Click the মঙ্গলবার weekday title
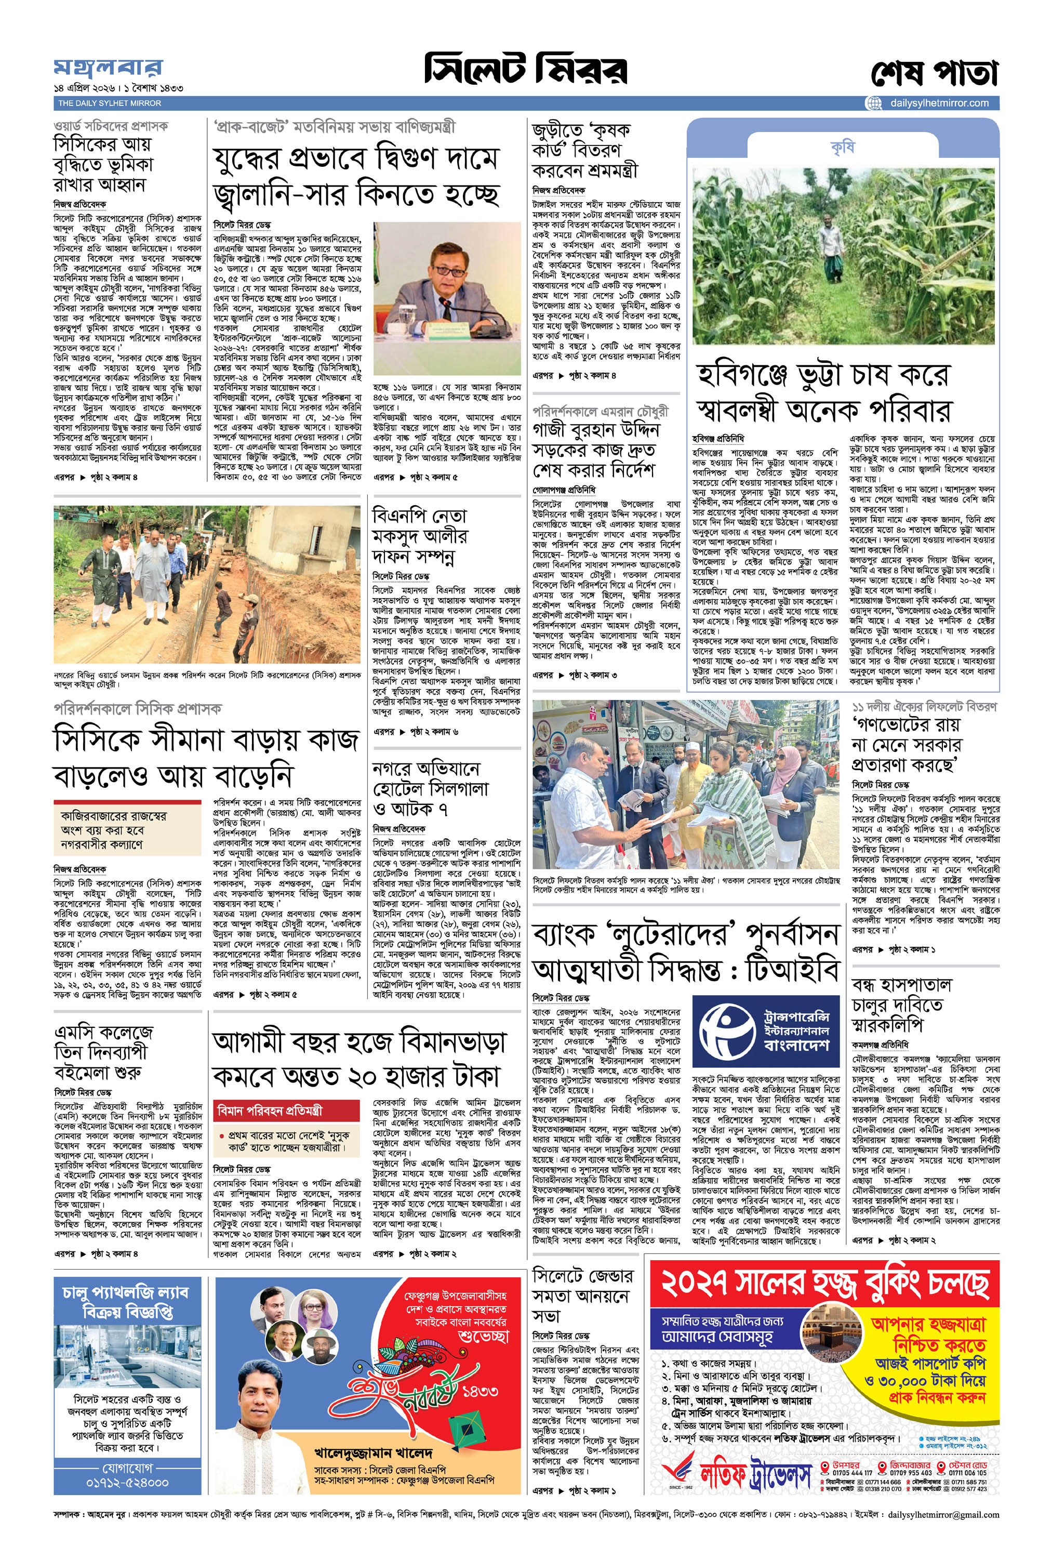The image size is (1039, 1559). click(108, 68)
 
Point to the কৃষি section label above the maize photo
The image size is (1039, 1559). click(842, 147)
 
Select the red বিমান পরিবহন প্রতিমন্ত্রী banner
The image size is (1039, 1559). click(288, 1109)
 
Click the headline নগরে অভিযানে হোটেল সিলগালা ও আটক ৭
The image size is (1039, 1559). click(430, 788)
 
